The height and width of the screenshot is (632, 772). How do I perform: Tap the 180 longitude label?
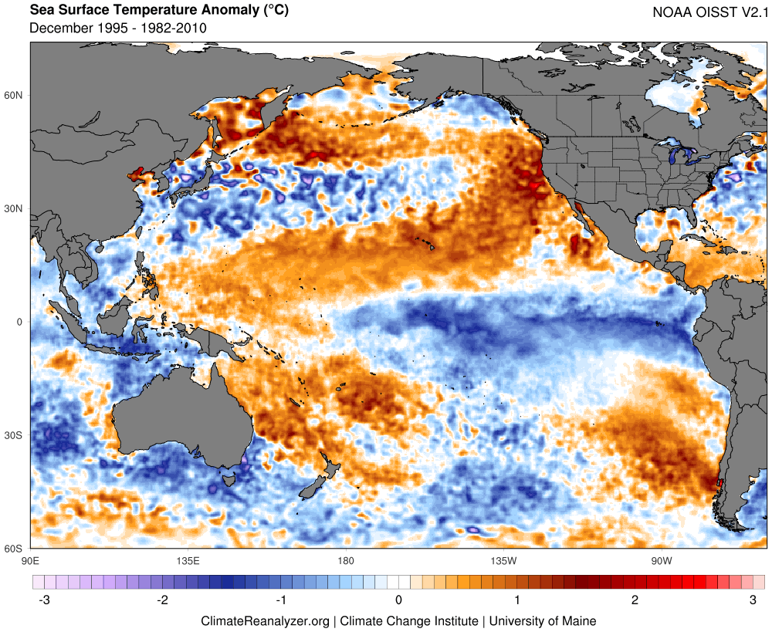345,560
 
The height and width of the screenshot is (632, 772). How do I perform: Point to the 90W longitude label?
660,560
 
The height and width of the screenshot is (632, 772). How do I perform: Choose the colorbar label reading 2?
635,600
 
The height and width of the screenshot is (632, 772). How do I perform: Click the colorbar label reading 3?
753,600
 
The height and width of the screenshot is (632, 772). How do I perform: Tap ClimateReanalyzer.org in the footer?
265,620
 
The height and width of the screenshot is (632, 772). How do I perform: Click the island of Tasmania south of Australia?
229,479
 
